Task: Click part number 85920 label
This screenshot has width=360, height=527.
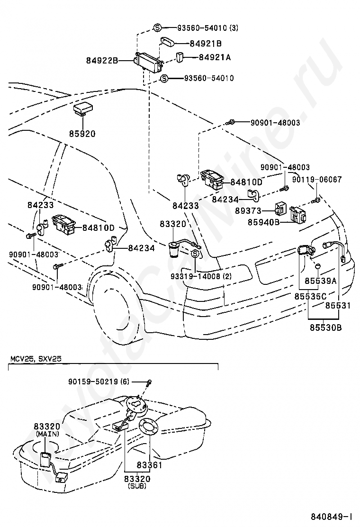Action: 82,134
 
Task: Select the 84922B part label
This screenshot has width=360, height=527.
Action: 102,61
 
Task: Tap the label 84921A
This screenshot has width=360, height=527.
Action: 215,57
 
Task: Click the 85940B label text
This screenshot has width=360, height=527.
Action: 264,222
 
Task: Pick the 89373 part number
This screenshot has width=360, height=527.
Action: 248,211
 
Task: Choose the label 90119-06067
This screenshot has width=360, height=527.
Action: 317,179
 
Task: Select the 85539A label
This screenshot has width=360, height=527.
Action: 320,281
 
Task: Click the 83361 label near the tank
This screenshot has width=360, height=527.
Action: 149,465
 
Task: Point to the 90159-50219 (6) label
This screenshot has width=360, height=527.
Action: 99,382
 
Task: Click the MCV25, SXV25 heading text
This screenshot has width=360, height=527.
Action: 36,358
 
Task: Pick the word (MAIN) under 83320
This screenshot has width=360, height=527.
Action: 48,434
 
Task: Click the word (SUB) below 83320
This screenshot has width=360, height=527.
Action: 137,486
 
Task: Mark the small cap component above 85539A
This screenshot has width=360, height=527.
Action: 317,266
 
